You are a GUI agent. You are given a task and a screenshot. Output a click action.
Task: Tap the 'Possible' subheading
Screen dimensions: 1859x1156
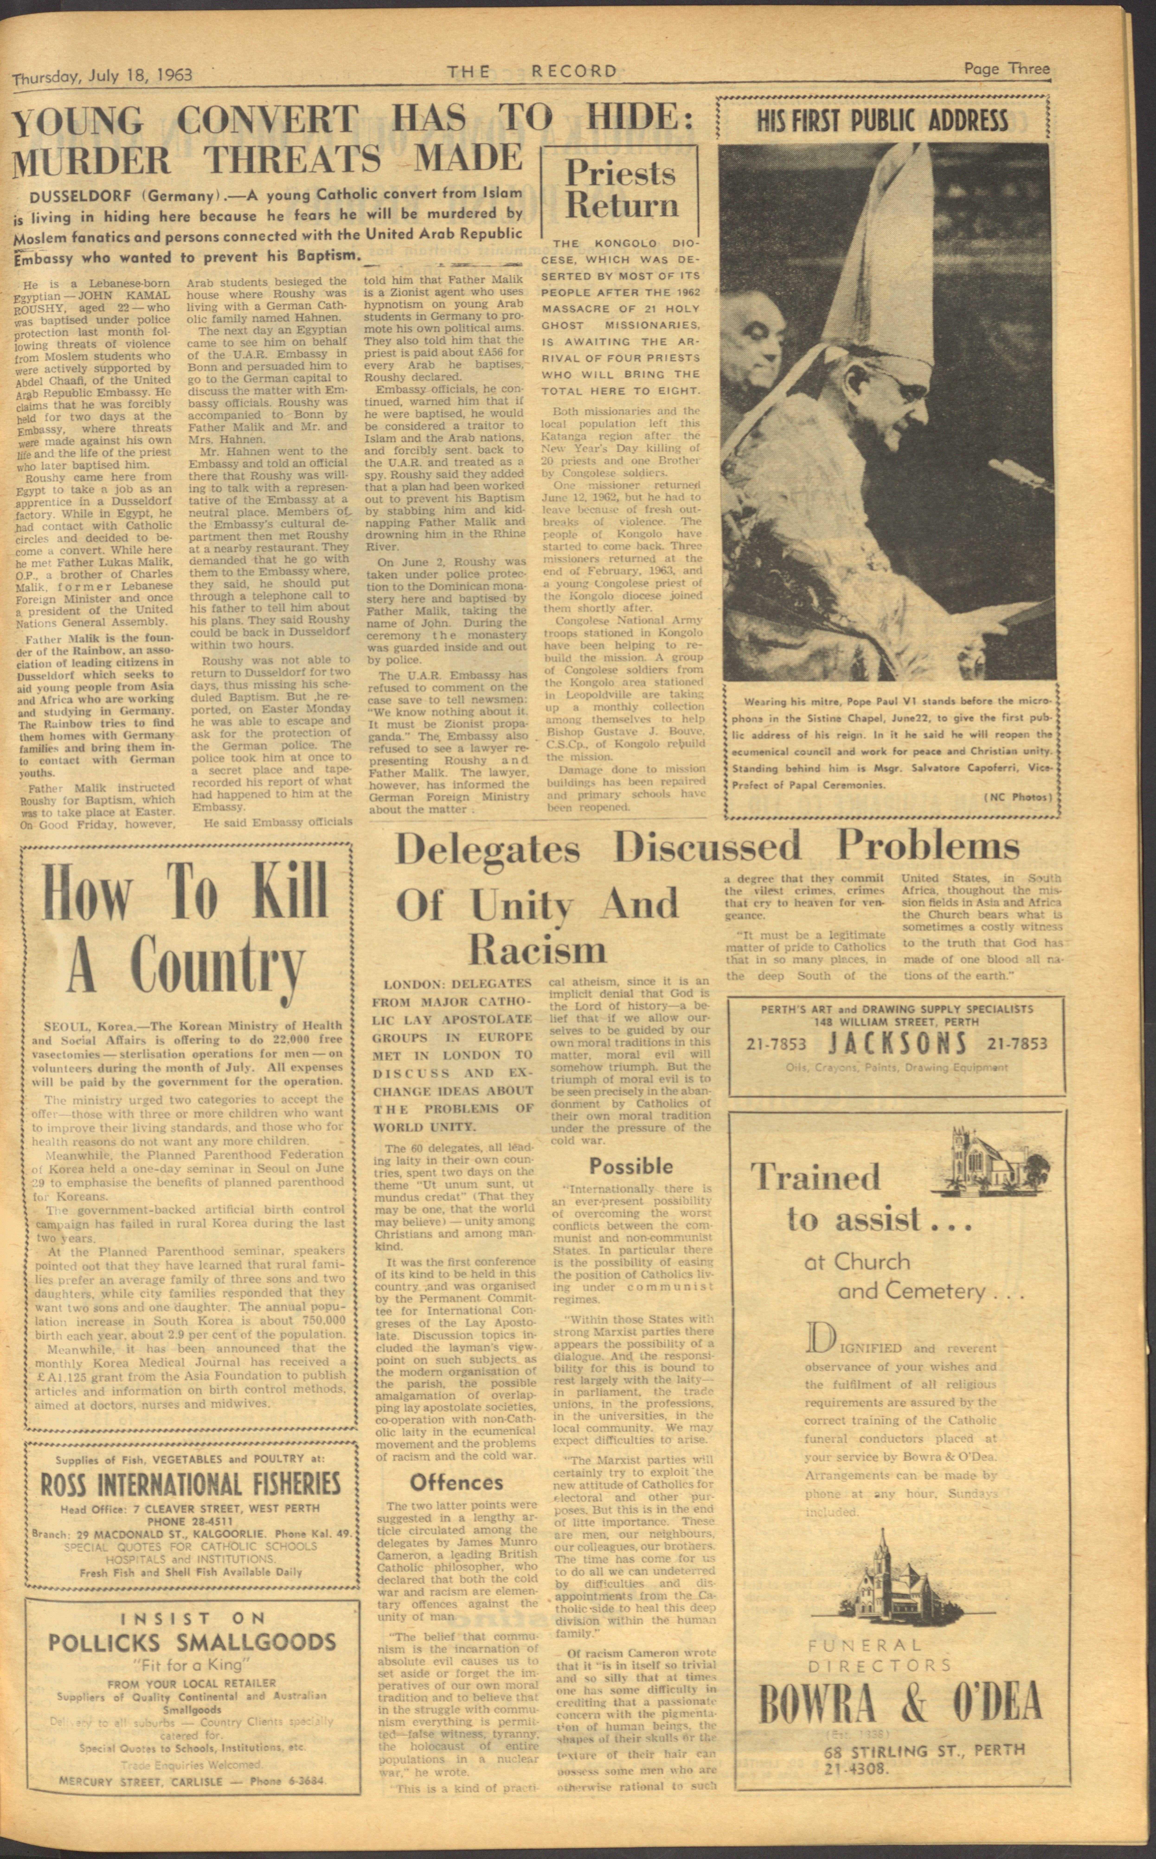[631, 1166]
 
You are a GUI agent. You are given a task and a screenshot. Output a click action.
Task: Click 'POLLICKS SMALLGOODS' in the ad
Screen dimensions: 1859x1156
[192, 1642]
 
